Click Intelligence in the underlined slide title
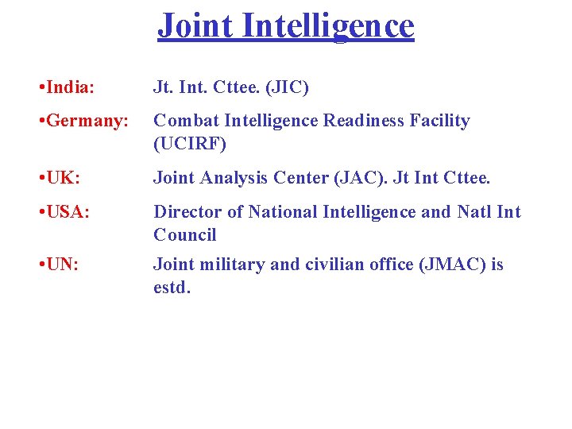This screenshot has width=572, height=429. (x=329, y=25)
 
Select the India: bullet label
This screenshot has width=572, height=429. (x=65, y=87)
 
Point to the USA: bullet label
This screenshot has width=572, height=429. (x=63, y=212)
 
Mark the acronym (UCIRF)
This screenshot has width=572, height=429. (x=190, y=144)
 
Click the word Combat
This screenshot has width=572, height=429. (x=185, y=121)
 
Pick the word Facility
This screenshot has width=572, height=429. (x=439, y=121)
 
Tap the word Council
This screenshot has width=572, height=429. (x=185, y=235)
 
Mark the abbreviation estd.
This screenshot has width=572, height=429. (x=172, y=288)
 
